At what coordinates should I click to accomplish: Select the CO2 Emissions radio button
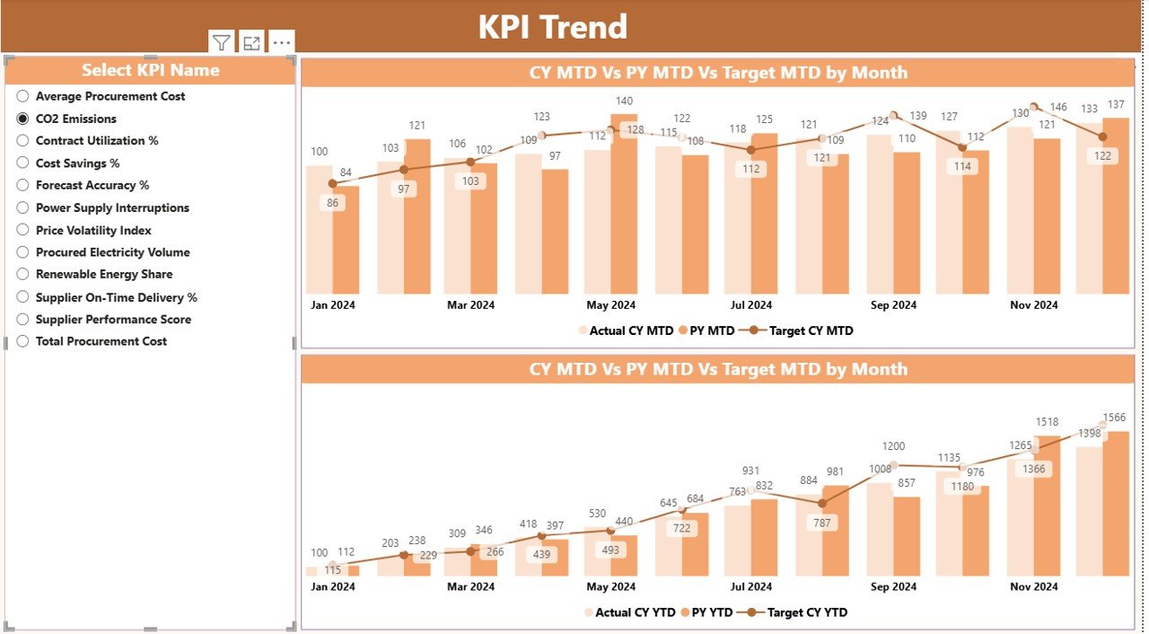click(23, 119)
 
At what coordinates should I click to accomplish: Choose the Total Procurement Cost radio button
click(23, 341)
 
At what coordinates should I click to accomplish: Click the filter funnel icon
click(222, 42)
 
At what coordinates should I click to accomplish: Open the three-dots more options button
click(281, 42)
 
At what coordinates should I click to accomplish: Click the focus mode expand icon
click(251, 42)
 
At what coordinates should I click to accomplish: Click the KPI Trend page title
click(552, 27)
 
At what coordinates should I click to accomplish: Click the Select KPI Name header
click(150, 70)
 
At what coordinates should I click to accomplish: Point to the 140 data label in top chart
click(624, 101)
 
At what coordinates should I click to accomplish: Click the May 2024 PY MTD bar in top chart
click(624, 207)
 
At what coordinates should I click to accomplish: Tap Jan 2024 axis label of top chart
click(332, 305)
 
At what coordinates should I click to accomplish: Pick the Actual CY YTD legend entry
click(633, 612)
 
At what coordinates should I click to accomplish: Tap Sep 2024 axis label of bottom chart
click(893, 587)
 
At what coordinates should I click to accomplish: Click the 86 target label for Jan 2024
click(332, 203)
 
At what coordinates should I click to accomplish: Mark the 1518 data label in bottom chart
click(1046, 422)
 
